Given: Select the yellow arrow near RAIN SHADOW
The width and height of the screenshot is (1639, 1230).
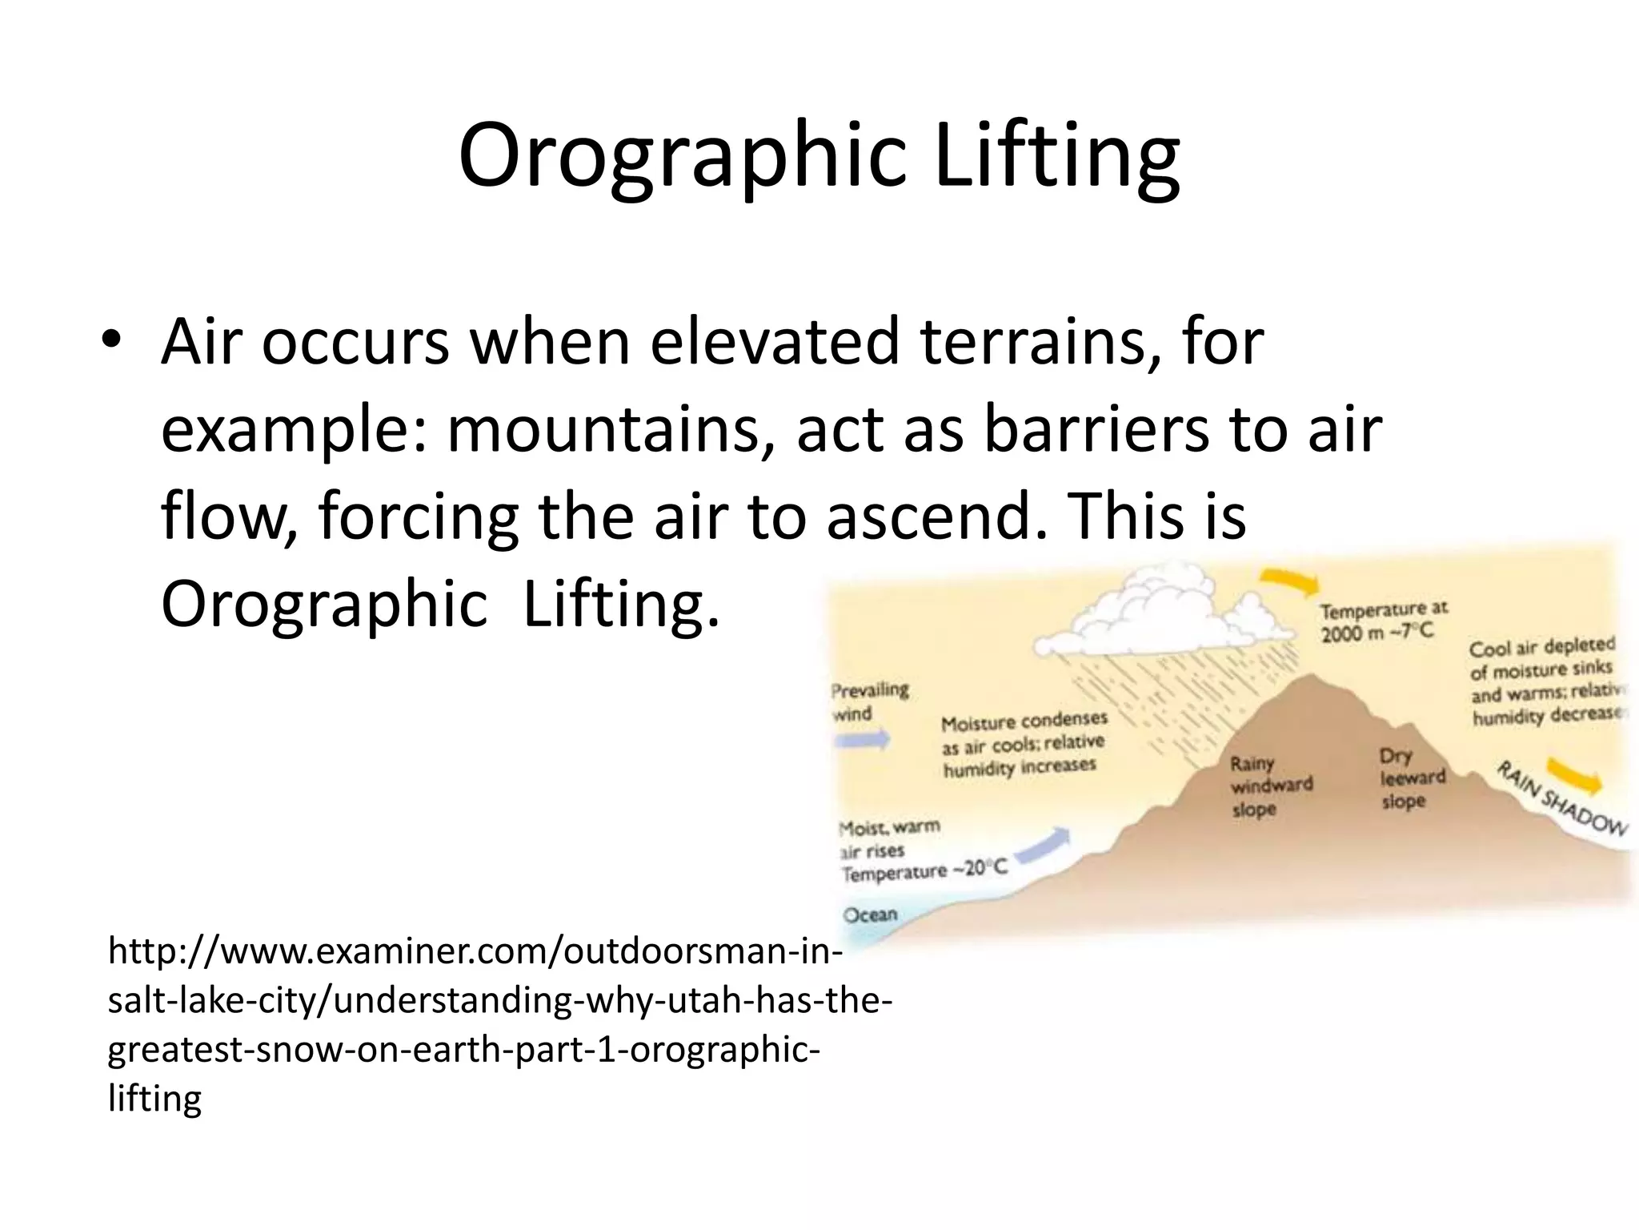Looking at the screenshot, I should pos(1573,777).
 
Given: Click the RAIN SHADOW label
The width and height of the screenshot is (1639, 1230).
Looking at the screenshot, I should pos(1561,802).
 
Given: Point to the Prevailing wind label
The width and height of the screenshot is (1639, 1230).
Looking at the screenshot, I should pos(870,701).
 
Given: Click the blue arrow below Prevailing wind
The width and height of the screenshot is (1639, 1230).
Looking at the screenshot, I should pos(862,741).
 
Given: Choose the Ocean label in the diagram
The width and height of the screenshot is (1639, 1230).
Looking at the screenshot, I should pos(871,914).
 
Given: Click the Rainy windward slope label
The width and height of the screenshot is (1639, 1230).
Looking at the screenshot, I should pos(1271,786).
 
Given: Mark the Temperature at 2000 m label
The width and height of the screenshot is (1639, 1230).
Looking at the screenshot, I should pos(1383,621).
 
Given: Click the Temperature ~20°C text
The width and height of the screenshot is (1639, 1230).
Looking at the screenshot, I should pos(924,870).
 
